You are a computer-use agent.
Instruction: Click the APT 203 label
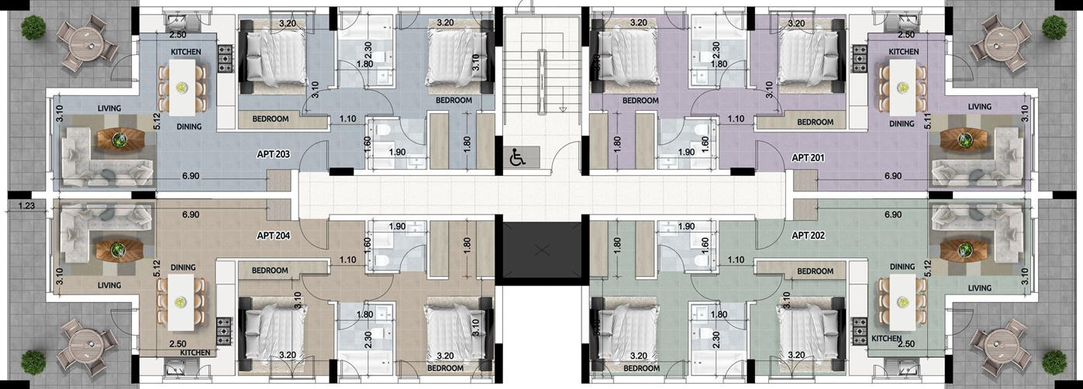click(x=274, y=155)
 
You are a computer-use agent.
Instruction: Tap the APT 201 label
click(x=808, y=157)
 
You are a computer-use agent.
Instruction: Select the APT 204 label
click(x=274, y=236)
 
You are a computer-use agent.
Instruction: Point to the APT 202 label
click(x=808, y=236)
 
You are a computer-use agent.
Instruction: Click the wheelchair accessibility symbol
click(x=517, y=157)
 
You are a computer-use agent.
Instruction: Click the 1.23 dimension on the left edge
click(x=26, y=206)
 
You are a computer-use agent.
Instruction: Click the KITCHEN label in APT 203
click(x=186, y=52)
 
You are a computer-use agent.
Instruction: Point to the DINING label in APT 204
click(x=183, y=267)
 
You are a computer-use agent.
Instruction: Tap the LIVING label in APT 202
click(x=980, y=288)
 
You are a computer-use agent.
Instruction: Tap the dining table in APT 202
click(x=902, y=302)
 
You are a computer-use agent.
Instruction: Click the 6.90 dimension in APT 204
click(x=191, y=214)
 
